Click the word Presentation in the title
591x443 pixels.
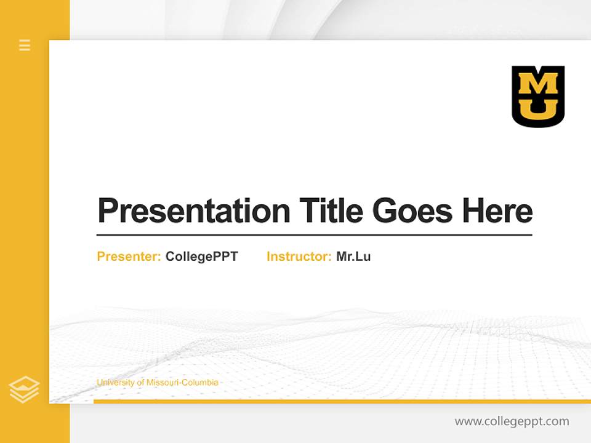click(193, 211)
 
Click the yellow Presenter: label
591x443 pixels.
click(129, 257)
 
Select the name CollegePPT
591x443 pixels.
click(201, 257)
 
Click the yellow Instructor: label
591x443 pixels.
click(299, 257)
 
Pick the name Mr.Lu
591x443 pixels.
click(353, 257)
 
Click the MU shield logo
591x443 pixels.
click(538, 97)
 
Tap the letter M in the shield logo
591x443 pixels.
click(538, 83)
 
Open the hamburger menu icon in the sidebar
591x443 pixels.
click(25, 45)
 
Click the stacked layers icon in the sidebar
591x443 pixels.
click(24, 389)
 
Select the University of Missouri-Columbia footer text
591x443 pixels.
click(157, 383)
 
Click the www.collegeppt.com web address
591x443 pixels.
click(512, 421)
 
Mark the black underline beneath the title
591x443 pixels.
click(314, 235)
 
